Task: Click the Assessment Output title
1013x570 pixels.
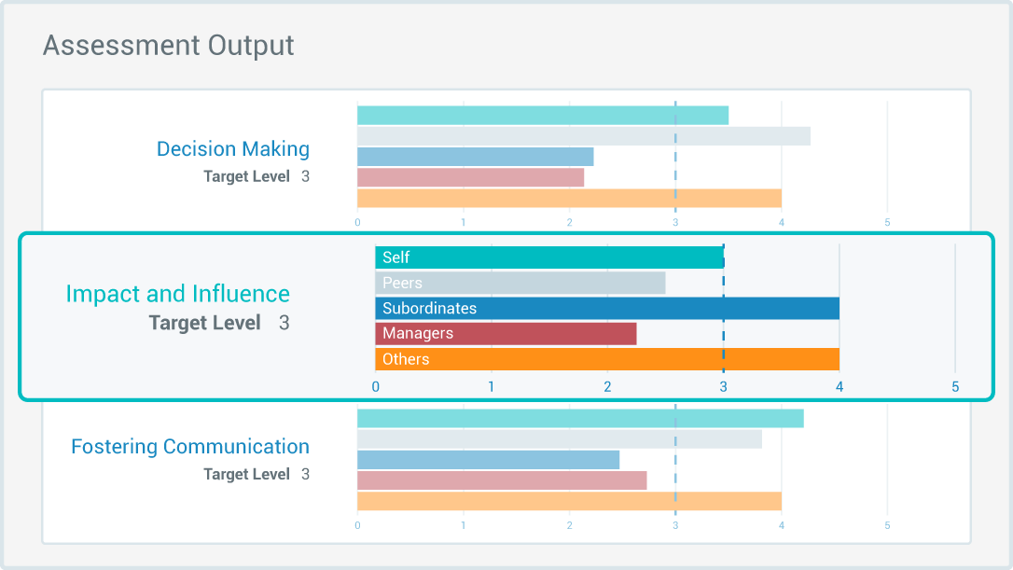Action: click(169, 45)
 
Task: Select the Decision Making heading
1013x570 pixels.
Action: click(233, 149)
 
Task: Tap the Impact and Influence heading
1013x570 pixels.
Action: click(177, 294)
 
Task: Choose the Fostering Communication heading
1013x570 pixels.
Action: click(190, 447)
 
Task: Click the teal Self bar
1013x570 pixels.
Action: click(549, 257)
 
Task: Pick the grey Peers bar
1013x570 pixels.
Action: click(520, 283)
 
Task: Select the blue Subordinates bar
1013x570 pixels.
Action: click(606, 309)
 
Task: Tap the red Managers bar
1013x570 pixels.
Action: click(506, 334)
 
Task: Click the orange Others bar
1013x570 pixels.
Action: click(606, 359)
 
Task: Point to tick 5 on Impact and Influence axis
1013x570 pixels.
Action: click(955, 386)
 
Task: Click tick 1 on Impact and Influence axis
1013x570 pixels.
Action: click(492, 386)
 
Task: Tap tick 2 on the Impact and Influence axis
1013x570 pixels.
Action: click(607, 386)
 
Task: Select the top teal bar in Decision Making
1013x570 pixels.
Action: click(542, 116)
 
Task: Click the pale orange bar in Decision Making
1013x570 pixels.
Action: click(569, 199)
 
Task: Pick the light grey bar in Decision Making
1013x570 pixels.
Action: click(583, 136)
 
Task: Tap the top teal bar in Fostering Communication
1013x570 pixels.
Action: click(579, 419)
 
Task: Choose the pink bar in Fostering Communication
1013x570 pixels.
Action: click(501, 480)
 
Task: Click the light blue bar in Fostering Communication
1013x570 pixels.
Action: click(488, 460)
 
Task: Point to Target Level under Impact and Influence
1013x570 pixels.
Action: click(205, 324)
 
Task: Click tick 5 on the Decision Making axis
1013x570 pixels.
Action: click(887, 223)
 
